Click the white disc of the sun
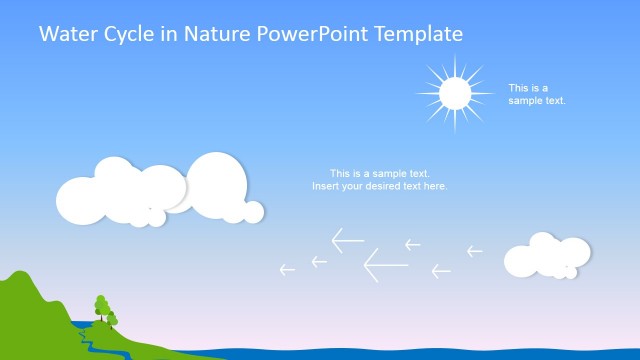point(455,93)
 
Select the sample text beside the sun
point(529,94)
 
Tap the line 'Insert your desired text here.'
point(379,186)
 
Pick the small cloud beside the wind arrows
point(545,256)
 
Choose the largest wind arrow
point(385,264)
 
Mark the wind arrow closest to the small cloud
point(474,251)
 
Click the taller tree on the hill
point(100,303)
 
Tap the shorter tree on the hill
point(112,319)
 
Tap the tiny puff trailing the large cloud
point(254,211)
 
